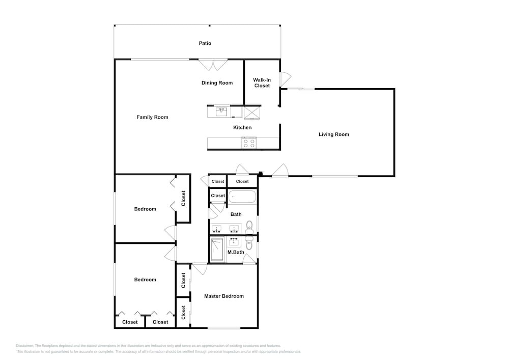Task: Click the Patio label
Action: [205, 43]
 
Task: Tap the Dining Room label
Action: [217, 83]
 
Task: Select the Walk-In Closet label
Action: [262, 83]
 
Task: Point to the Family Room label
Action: [152, 117]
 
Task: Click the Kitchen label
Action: [242, 128]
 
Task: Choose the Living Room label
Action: [334, 134]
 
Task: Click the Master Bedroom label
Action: [223, 296]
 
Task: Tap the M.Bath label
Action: [236, 252]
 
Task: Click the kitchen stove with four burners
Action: [249, 143]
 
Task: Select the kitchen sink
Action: [221, 112]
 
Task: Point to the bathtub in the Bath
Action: [242, 197]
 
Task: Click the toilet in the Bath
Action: [249, 227]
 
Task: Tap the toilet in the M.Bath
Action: [249, 243]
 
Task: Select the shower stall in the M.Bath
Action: [217, 250]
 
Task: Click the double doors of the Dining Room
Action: [213, 65]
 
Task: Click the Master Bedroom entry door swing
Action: [200, 269]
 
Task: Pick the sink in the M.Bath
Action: [234, 242]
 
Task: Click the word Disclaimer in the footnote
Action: [24, 346]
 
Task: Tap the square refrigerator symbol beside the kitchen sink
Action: [252, 113]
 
